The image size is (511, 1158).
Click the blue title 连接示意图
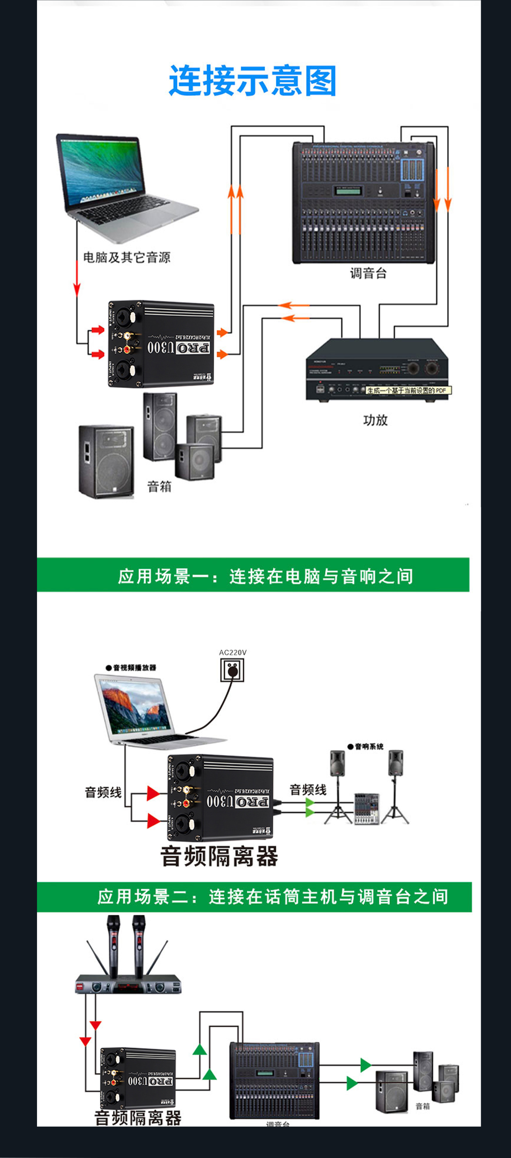click(253, 81)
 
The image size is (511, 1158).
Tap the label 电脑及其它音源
click(127, 258)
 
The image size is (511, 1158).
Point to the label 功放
click(375, 420)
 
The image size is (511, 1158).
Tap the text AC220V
click(232, 652)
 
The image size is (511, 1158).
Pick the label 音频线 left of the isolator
click(103, 792)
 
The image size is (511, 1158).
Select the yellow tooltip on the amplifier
click(408, 390)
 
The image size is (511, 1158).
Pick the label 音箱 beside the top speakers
click(159, 486)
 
